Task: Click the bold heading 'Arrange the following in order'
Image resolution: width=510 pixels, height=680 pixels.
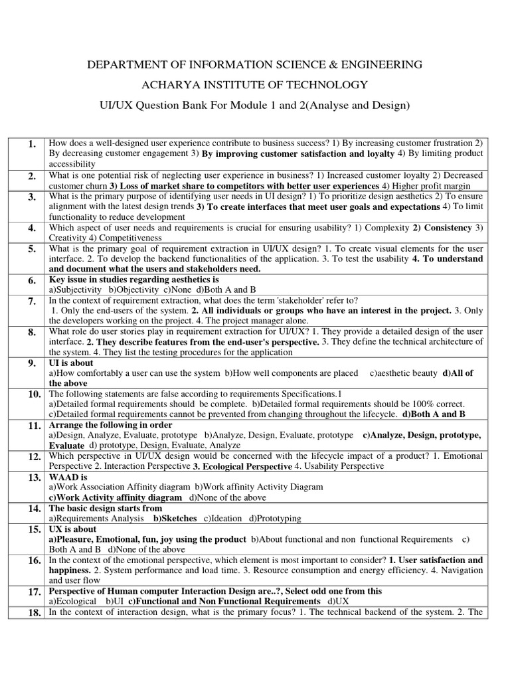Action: tap(110, 425)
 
